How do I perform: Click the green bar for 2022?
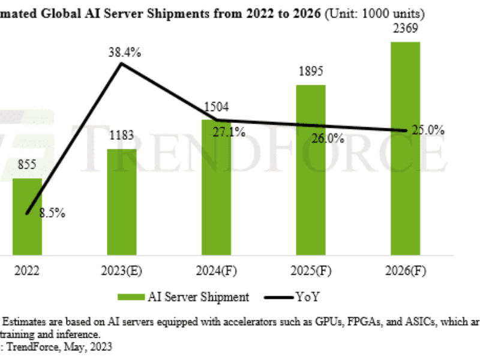tap(27, 216)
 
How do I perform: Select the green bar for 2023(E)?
tap(122, 202)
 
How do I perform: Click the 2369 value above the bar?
tap(405, 28)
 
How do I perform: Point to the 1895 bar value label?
tap(311, 71)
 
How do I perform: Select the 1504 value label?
tap(217, 107)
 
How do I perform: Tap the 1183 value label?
tap(122, 136)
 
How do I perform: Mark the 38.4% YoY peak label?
tap(125, 53)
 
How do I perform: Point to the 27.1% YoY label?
tap(229, 133)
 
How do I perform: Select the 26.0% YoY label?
tap(328, 139)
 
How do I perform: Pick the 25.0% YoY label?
tap(428, 130)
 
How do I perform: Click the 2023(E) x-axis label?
tap(122, 271)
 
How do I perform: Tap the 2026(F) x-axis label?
tap(405, 271)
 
